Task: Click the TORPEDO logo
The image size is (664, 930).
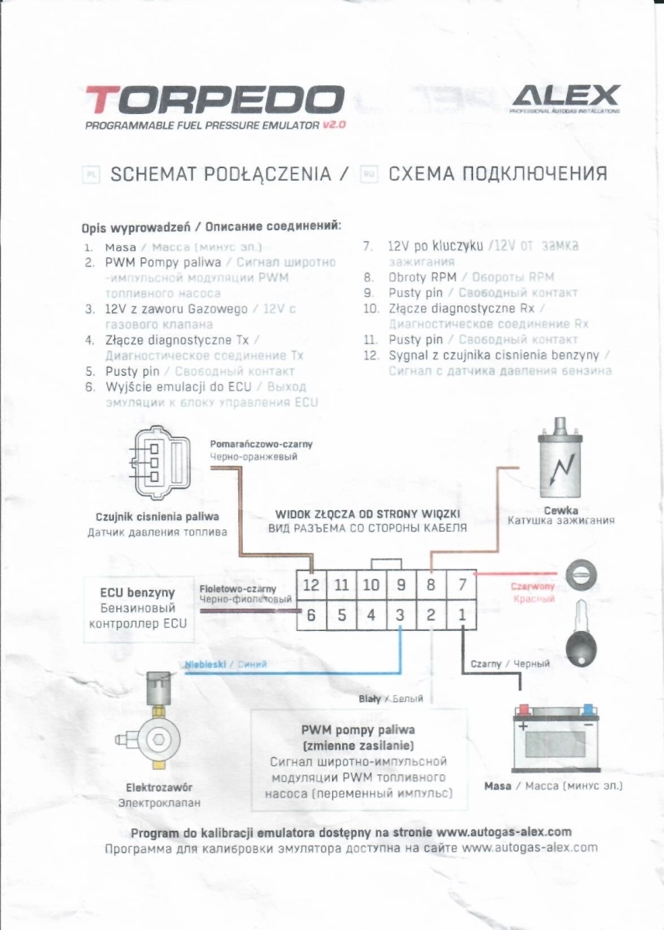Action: pyautogui.click(x=214, y=100)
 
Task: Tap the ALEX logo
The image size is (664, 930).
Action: pyautogui.click(x=565, y=96)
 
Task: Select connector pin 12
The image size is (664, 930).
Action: pyautogui.click(x=311, y=586)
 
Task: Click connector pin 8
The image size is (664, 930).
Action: pyautogui.click(x=431, y=586)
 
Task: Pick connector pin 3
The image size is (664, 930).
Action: pyautogui.click(x=400, y=615)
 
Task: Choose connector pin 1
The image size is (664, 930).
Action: pyautogui.click(x=462, y=615)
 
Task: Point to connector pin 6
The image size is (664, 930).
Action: pyautogui.click(x=311, y=615)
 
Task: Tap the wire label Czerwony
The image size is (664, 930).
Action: pyautogui.click(x=532, y=587)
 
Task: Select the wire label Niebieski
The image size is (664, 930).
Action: pyautogui.click(x=206, y=663)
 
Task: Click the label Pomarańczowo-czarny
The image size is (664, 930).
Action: pyautogui.click(x=261, y=444)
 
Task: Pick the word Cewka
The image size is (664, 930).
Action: pyautogui.click(x=561, y=510)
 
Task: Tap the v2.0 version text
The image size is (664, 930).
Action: pyautogui.click(x=329, y=126)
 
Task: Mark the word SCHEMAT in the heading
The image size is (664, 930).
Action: pyautogui.click(x=154, y=173)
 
